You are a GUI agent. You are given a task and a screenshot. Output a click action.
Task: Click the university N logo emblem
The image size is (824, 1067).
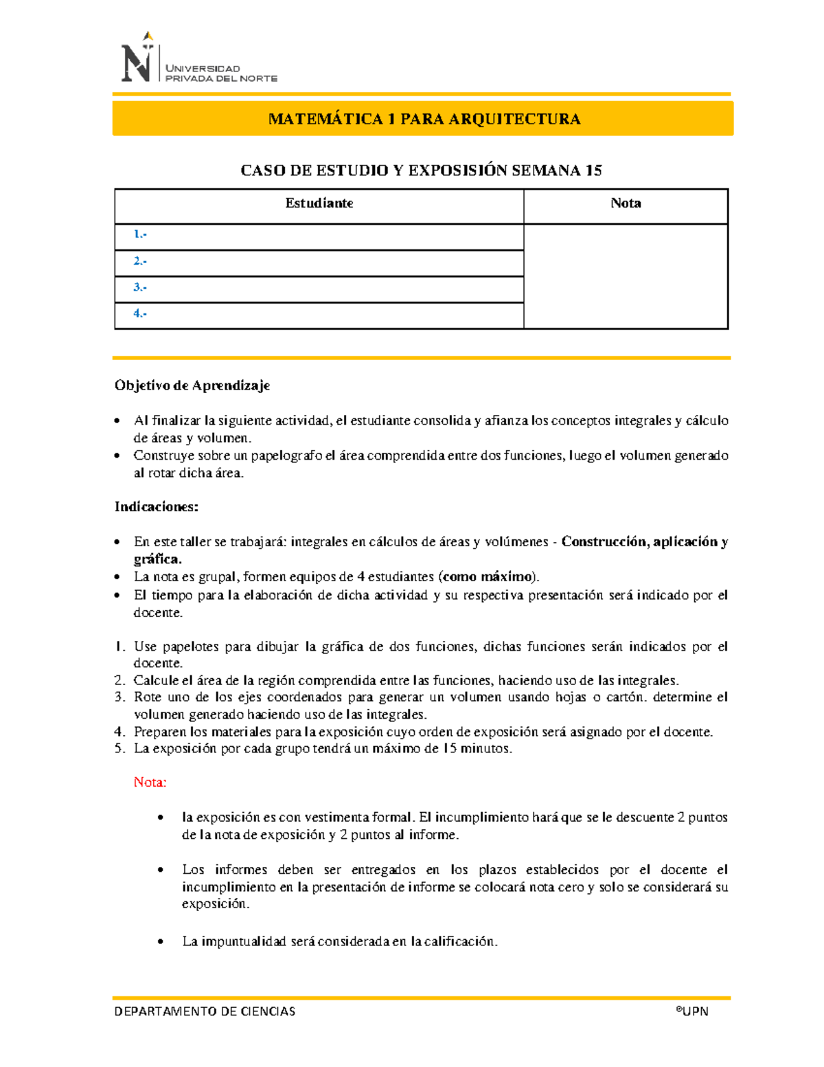coord(137,60)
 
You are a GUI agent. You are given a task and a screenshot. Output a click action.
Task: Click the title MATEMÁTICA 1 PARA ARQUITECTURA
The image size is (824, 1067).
coord(424,119)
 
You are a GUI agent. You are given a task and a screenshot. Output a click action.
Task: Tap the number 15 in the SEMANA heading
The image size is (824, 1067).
coord(593,170)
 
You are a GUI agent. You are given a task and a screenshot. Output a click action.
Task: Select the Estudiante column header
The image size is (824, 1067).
coord(319,203)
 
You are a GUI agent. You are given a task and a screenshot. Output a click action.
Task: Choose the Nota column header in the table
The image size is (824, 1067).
coord(625,203)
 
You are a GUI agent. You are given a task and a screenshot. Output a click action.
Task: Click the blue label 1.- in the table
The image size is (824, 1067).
coord(140,234)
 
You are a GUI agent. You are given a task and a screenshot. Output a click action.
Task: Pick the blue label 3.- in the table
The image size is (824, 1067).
coord(140,287)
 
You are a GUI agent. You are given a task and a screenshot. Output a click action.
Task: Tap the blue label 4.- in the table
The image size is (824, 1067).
coord(140,313)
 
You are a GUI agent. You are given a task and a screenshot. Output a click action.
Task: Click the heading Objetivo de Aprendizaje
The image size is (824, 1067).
coord(192,385)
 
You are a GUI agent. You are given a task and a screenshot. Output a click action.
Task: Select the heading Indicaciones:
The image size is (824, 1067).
coord(157,507)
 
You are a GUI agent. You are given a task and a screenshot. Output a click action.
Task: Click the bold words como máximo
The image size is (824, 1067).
coord(488,576)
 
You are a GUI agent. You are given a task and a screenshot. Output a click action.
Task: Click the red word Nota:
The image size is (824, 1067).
coord(150,782)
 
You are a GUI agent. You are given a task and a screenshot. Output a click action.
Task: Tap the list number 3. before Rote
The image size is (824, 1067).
coord(120,697)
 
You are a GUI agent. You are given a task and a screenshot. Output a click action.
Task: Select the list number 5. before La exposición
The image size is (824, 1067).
coord(120,748)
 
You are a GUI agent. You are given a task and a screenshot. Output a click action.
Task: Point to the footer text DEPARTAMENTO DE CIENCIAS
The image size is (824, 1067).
coord(205,1011)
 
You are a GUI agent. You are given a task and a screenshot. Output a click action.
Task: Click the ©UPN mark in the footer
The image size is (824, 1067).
coord(691,1011)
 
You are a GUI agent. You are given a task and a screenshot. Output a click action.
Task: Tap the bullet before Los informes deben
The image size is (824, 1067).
coord(161,870)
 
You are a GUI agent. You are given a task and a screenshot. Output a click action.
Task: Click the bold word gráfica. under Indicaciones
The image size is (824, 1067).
coord(157,559)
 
